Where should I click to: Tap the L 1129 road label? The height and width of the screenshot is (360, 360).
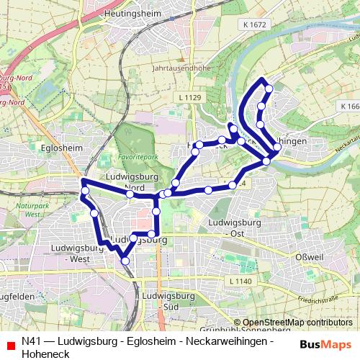coord(189,96)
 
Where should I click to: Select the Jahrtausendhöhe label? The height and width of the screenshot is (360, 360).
coord(174,68)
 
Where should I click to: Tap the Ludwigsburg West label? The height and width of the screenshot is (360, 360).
coord(70,253)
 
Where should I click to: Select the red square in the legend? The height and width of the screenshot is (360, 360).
coord(10,343)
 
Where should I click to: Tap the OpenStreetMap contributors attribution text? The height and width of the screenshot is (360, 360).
coord(297,323)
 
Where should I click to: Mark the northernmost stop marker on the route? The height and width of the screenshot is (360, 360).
coord(269,89)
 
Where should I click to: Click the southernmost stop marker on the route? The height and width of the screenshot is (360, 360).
coord(126,261)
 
